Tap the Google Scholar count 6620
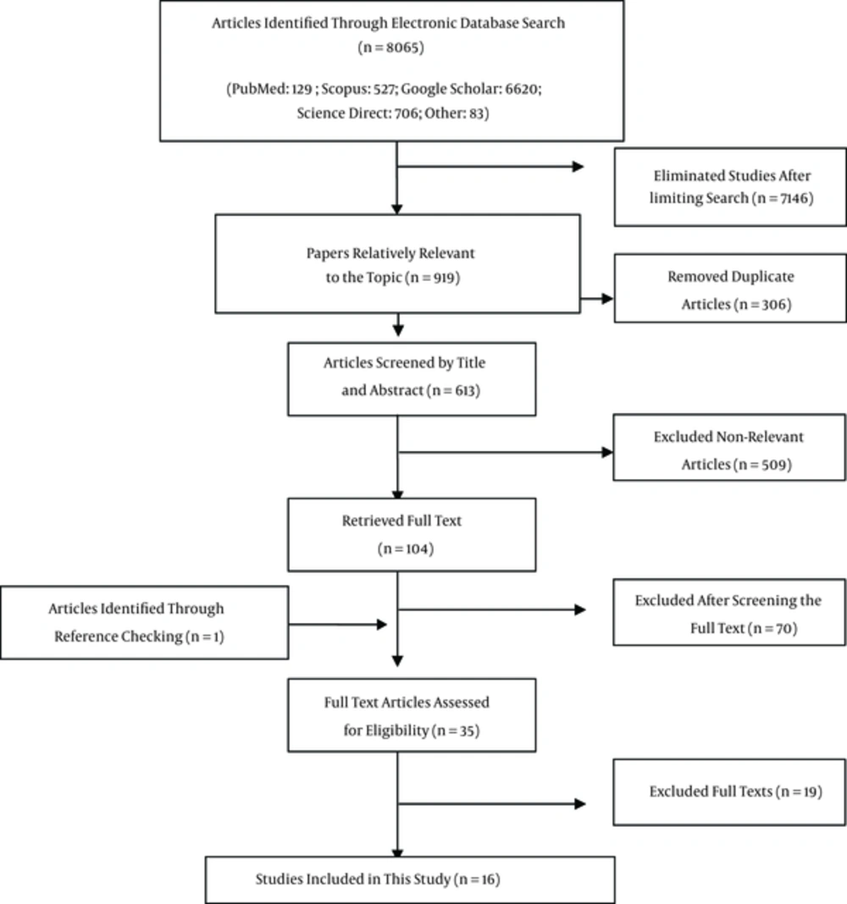point(522,89)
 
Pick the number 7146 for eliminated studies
point(794,198)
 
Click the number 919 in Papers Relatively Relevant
point(444,278)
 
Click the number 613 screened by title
point(465,391)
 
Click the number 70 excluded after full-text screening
point(784,628)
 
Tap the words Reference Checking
point(119,637)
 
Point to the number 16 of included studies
point(488,879)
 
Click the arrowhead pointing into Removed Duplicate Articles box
point(607,299)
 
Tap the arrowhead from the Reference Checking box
point(381,625)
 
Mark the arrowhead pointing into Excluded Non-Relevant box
point(607,453)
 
